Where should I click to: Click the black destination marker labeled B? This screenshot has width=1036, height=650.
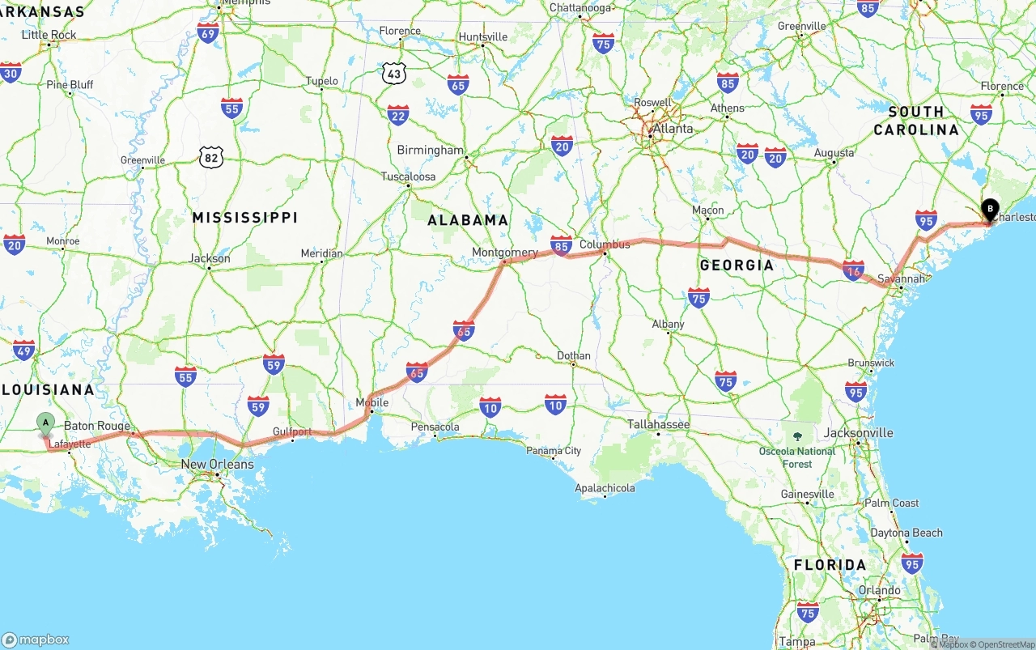tap(989, 210)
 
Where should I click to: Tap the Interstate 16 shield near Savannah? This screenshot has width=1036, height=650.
tap(853, 271)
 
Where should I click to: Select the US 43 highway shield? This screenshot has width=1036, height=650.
tap(394, 74)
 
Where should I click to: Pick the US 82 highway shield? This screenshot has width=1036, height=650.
tap(211, 158)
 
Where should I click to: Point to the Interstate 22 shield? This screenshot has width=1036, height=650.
tap(397, 116)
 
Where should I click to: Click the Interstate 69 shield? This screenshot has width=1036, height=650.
tap(208, 33)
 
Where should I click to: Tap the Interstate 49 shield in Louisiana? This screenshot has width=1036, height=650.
tap(23, 350)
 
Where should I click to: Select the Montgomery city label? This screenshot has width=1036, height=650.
tap(504, 253)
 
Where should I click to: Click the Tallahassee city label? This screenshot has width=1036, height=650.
tap(658, 424)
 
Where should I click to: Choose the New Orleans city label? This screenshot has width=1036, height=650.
tap(217, 465)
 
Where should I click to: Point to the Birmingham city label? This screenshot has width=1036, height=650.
tap(430, 151)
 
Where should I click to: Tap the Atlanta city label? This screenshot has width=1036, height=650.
tap(673, 129)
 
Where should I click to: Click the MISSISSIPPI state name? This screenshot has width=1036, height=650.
tap(244, 218)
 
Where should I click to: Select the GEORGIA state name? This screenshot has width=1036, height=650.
tap(737, 266)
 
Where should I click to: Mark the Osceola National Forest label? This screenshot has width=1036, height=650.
tap(797, 457)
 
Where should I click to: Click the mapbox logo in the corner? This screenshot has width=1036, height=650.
tap(36, 639)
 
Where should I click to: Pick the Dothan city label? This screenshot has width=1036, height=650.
tap(573, 355)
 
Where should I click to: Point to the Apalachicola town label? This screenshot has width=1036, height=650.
tap(605, 488)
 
